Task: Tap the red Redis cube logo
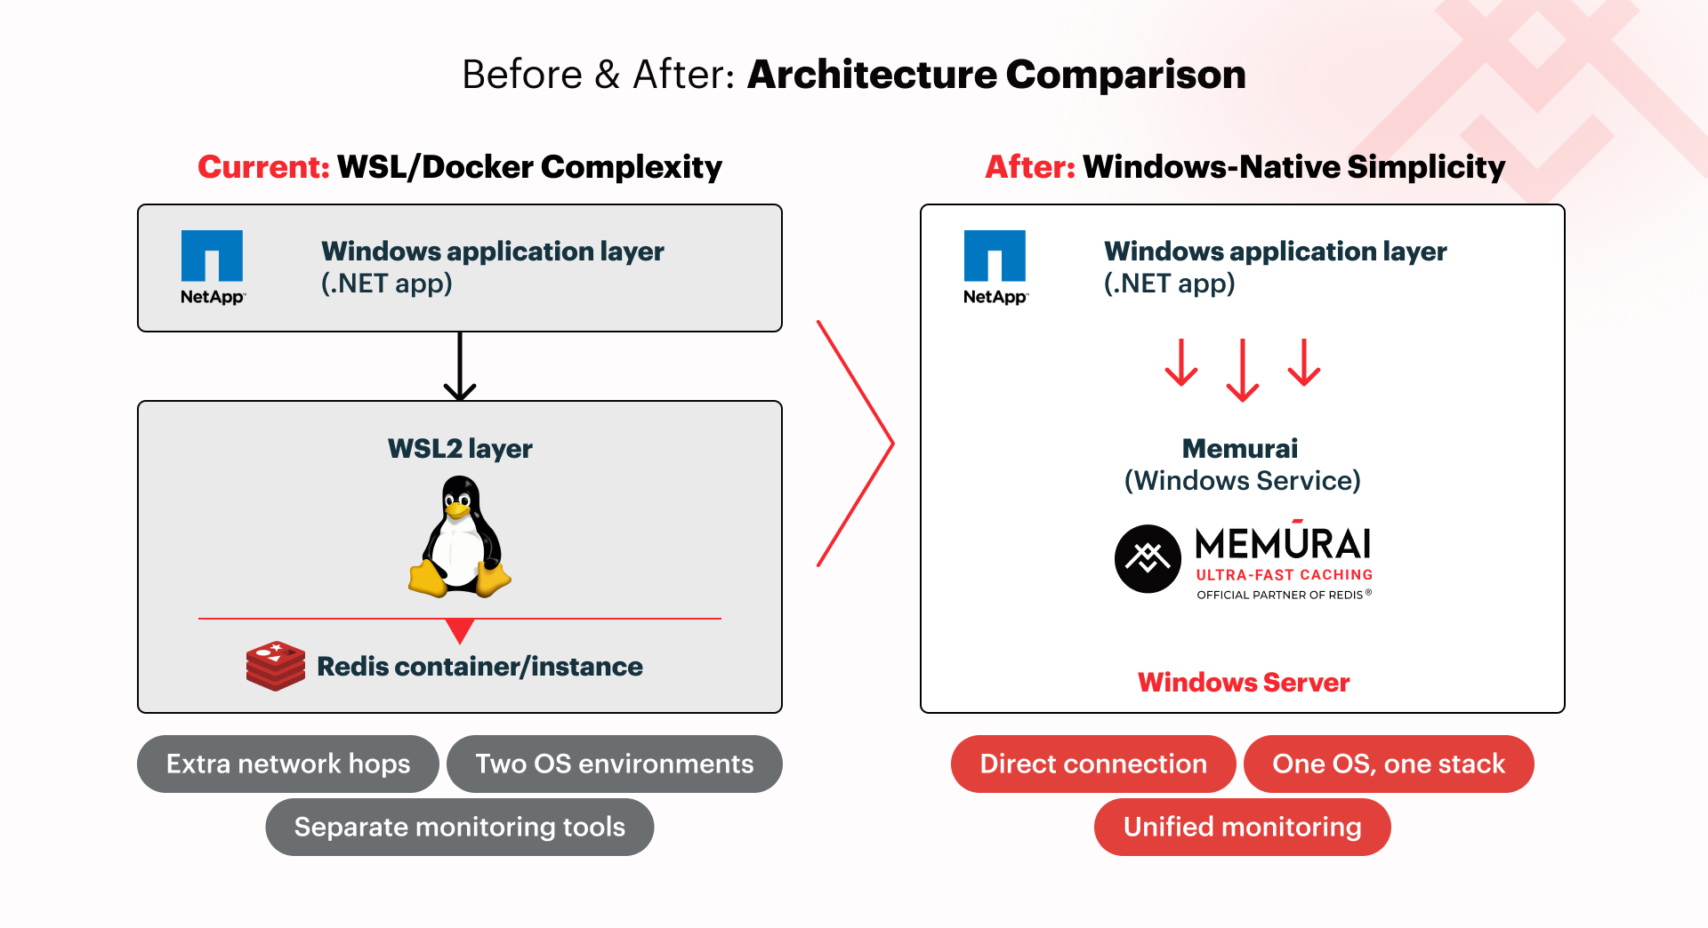pos(276,666)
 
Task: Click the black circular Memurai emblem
pos(1148,558)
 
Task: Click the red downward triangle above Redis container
pos(460,630)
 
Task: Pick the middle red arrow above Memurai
pos(1243,370)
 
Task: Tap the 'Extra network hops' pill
pos(288,764)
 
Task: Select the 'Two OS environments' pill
pos(614,764)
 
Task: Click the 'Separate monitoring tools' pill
pos(459,827)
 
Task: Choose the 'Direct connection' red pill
pos(1093,764)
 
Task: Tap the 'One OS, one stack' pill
pos(1389,764)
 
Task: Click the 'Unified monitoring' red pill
pos(1242,827)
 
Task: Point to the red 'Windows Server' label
pos(1244,682)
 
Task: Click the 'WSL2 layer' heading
pos(460,448)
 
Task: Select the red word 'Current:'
pos(263,167)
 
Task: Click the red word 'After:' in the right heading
pos(1030,167)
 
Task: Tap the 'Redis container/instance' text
pos(479,666)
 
